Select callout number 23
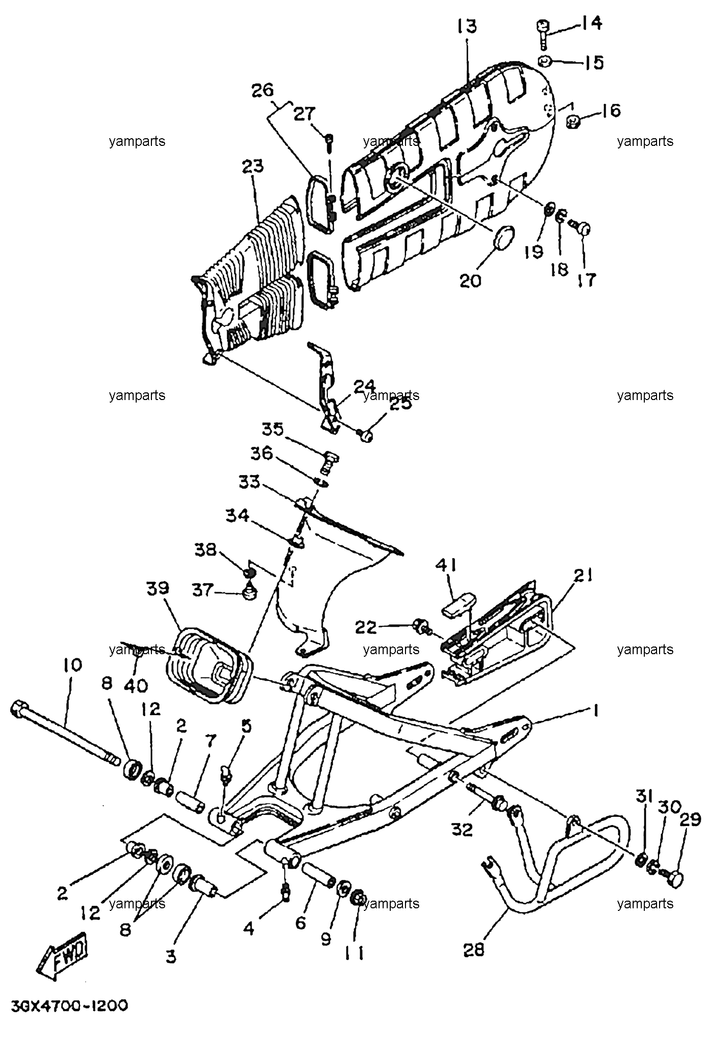pos(253,166)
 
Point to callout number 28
pos(474,950)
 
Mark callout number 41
pos(446,566)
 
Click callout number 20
pos(470,281)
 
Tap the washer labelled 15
pos(545,61)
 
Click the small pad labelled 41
pos(455,605)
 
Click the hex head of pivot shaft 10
pos(19,707)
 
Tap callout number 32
pos(461,830)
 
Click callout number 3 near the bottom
pos(171,956)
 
